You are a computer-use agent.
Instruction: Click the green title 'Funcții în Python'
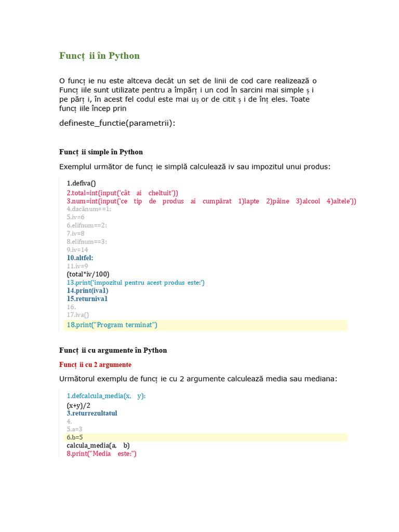(99, 56)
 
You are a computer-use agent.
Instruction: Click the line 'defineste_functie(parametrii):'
(117, 123)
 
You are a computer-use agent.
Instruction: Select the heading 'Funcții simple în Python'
(101, 152)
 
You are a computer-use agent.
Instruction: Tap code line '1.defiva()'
(82, 183)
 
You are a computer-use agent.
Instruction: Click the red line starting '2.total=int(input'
(122, 192)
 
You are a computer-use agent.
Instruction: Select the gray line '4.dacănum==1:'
(89, 209)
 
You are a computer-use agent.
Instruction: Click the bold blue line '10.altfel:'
(80, 258)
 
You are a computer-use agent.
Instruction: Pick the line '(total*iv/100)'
(88, 274)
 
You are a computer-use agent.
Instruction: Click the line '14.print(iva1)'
(87, 290)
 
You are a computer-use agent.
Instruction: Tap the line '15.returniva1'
(87, 299)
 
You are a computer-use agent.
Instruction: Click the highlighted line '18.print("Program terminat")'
(112, 325)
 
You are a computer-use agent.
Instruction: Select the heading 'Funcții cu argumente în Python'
(113, 351)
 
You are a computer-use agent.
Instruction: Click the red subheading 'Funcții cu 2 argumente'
(95, 365)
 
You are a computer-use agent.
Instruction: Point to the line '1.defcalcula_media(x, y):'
(106, 396)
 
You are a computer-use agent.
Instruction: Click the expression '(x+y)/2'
(78, 405)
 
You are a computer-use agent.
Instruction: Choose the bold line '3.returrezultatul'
(92, 414)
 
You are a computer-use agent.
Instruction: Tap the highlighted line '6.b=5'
(75, 437)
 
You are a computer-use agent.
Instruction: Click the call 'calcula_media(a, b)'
(98, 446)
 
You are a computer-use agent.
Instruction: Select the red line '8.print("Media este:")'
(101, 454)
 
